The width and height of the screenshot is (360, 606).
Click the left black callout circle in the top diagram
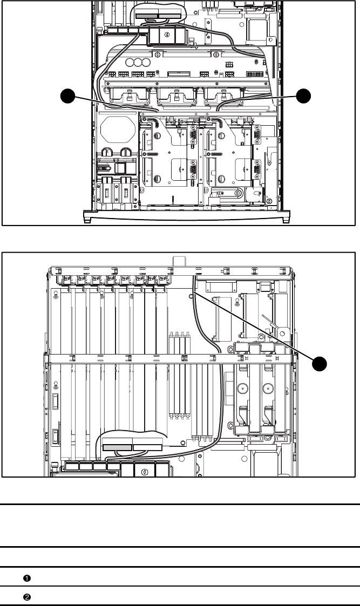(67, 96)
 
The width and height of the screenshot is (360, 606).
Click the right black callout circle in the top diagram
(303, 96)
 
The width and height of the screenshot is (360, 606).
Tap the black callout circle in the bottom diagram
(320, 364)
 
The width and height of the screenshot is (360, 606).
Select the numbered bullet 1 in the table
(27, 578)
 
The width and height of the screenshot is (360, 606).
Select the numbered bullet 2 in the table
(27, 597)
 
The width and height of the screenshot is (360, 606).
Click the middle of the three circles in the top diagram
(137, 62)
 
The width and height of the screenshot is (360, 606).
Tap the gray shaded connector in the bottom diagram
(118, 447)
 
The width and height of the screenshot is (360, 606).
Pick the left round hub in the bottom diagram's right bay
(243, 387)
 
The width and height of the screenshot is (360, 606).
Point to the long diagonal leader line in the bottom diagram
(254, 326)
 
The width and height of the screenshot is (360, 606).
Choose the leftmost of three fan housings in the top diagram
(129, 96)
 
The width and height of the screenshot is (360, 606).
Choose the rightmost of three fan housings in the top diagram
(224, 96)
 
